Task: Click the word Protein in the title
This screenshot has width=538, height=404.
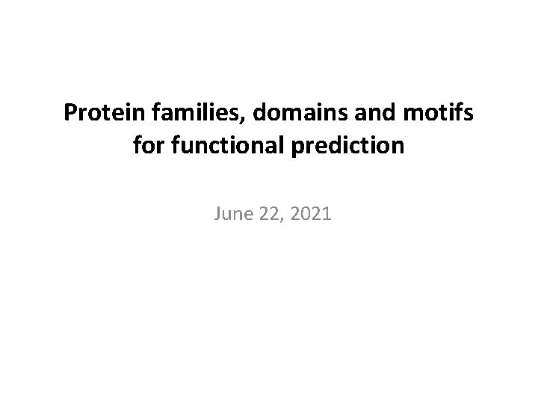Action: [98, 114]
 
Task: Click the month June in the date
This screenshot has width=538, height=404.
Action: [231, 215]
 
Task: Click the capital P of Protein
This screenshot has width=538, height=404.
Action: [69, 114]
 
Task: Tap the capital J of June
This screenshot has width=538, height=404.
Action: [217, 215]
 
